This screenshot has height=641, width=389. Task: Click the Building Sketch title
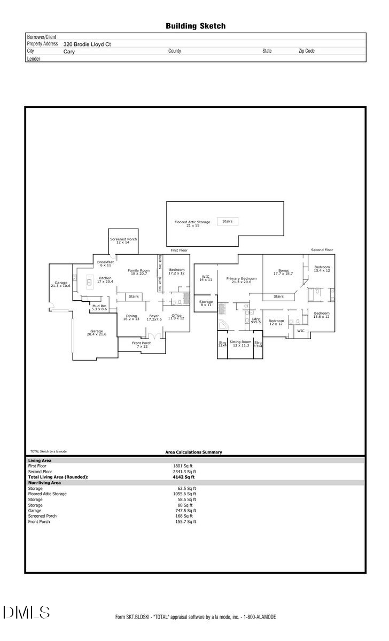(x=195, y=26)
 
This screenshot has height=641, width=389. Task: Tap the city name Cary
(x=69, y=52)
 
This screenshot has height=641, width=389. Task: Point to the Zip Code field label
(x=306, y=51)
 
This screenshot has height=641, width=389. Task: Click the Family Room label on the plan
(x=138, y=272)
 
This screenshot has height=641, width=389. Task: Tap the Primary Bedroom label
(x=241, y=280)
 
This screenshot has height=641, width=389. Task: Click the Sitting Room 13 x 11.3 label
(x=240, y=343)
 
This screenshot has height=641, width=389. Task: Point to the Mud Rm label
(x=99, y=308)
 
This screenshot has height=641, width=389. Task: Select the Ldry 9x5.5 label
(x=256, y=320)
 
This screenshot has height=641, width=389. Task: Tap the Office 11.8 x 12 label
(x=176, y=317)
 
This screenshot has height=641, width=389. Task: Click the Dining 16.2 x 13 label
(x=131, y=317)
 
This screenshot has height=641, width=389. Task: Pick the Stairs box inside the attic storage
(x=227, y=221)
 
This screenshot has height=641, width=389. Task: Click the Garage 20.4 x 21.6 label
(x=97, y=333)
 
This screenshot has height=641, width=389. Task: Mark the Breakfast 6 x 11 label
(x=105, y=263)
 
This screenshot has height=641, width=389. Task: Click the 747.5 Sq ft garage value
(x=187, y=511)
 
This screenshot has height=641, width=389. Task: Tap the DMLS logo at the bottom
(x=26, y=612)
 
